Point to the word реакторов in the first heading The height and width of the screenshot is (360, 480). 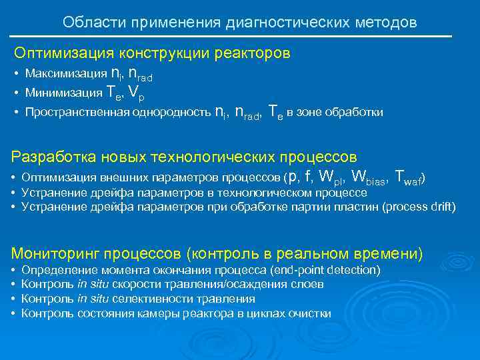[257, 53]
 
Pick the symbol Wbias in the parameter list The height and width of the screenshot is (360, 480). [369, 177]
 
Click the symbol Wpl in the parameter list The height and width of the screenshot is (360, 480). [332, 177]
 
